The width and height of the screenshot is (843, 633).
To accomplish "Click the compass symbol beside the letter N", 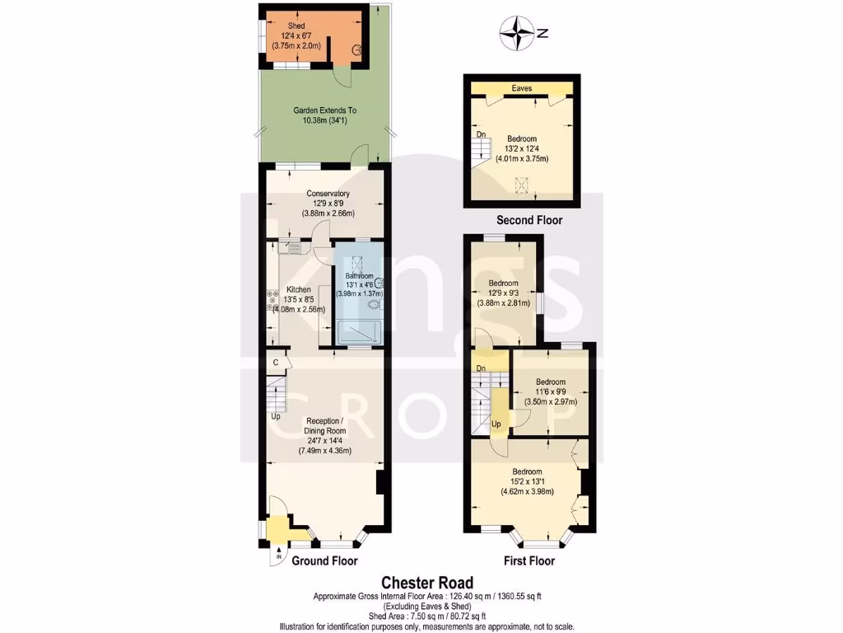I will pos(518,34).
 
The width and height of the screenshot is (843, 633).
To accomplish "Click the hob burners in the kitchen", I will pos(270,301).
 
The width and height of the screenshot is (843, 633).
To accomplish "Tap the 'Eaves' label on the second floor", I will pos(521,87).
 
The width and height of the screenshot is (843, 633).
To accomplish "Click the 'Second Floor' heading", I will pos(529,220).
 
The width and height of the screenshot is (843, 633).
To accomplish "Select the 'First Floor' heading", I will pos(529,561).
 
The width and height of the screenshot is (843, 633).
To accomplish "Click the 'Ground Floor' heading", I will pos(324,561).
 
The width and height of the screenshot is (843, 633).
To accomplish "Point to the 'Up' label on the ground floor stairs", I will pos(276,416).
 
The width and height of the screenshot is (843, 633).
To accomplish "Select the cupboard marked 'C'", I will pos(276,362).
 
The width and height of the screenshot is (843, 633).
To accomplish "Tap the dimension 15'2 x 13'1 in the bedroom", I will pos(527,482).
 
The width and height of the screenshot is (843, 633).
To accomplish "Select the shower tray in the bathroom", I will pos(359,332).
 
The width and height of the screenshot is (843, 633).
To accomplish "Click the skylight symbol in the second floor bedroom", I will pos(519,183).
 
